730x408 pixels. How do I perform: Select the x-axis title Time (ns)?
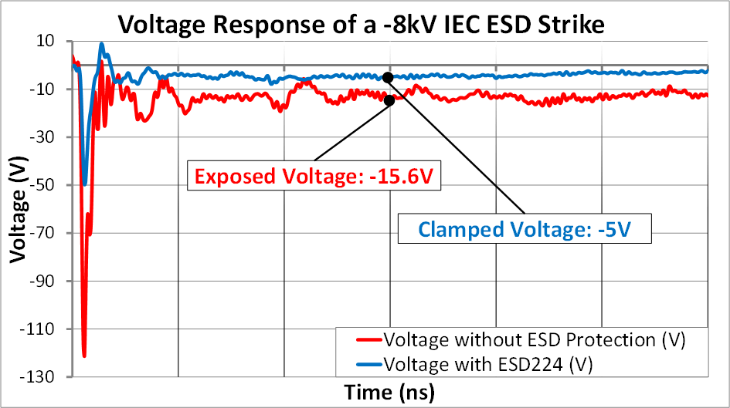(x=389, y=392)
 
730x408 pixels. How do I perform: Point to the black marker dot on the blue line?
(x=388, y=77)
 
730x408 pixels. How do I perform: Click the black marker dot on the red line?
(x=389, y=100)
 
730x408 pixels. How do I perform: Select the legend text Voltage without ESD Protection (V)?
(x=535, y=339)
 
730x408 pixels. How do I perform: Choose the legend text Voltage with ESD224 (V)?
(x=492, y=361)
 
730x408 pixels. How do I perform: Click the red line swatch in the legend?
(x=369, y=339)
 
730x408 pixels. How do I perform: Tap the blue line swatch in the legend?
(x=369, y=361)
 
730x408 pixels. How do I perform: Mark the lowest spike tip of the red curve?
(x=84, y=356)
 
